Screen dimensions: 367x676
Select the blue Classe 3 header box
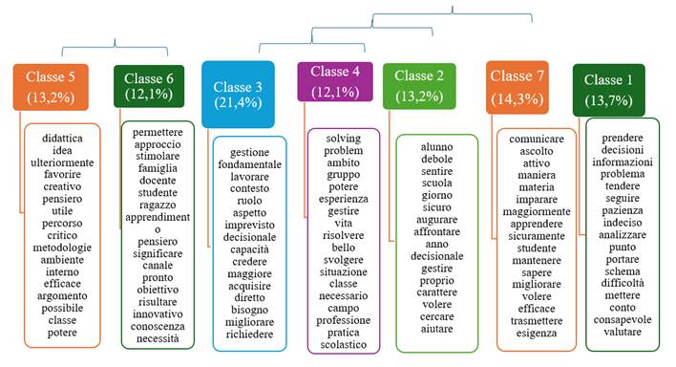pos(238,93)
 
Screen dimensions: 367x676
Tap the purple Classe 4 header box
pos(334,80)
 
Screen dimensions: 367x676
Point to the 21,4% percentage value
pos(238,102)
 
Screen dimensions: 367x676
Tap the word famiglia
pos(158,181)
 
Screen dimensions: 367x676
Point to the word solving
pos(343,138)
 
